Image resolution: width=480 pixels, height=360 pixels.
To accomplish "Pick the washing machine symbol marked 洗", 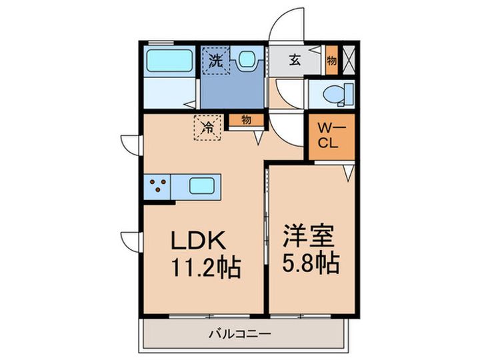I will (x=215, y=61).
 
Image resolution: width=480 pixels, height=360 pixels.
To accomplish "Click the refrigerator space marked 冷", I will (x=208, y=127).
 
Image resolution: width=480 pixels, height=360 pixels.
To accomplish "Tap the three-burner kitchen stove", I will (x=158, y=186).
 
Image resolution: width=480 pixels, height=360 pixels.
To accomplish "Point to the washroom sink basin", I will (x=248, y=60).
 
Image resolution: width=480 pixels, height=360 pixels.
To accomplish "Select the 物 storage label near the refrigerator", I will (x=246, y=120).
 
